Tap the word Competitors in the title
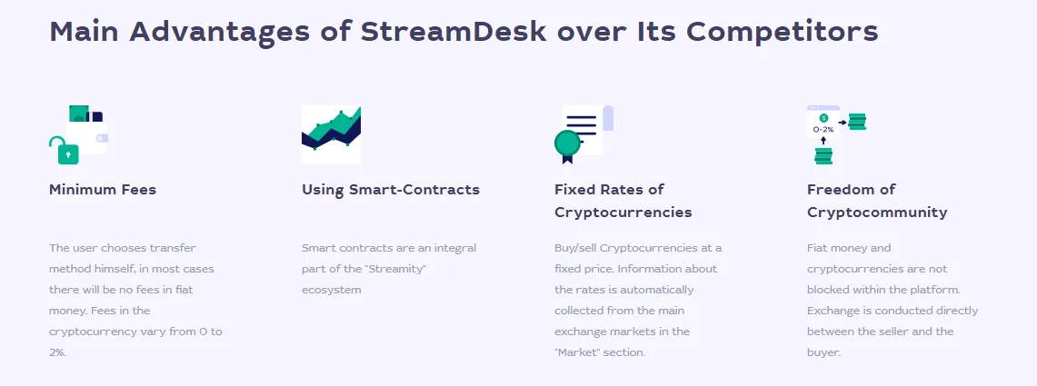click(x=783, y=32)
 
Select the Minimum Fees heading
click(x=103, y=190)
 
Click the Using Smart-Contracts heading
click(x=391, y=190)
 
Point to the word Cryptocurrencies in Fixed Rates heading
click(x=623, y=213)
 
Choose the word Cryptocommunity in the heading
click(x=877, y=213)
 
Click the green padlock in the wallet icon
click(x=65, y=152)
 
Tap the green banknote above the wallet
click(x=79, y=113)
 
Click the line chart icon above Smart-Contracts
click(x=332, y=134)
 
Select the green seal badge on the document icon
click(x=567, y=144)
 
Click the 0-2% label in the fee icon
click(x=823, y=130)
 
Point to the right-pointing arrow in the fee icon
click(x=842, y=123)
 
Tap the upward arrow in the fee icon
click(x=823, y=140)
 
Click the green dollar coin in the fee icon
click(x=823, y=118)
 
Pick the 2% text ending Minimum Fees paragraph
click(x=58, y=352)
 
